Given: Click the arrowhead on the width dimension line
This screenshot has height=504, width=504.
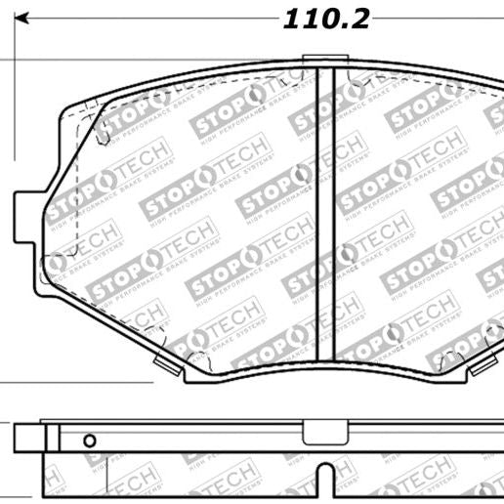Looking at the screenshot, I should coord(24,19).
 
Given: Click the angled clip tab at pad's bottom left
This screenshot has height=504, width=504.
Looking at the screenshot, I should coord(168,365).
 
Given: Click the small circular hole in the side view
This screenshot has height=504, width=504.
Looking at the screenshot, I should coord(89,439).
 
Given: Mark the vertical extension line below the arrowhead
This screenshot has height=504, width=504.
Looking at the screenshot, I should coord(15,98).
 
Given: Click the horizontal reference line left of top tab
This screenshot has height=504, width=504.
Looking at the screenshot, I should coord(147,62).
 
